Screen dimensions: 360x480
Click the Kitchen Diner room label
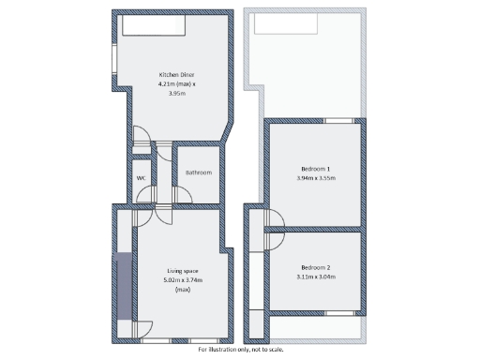click(175, 74)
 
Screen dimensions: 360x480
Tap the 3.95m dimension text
click(175, 93)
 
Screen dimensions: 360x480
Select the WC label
click(141, 177)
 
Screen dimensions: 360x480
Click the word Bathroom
click(198, 172)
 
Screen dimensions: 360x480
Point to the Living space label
click(182, 270)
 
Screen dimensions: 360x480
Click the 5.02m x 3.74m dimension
click(183, 279)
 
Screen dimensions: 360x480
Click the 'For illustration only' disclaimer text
click(239, 350)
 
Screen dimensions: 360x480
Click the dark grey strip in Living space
click(123, 286)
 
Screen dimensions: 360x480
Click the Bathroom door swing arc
click(183, 195)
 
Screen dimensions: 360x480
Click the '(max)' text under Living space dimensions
click(182, 289)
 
